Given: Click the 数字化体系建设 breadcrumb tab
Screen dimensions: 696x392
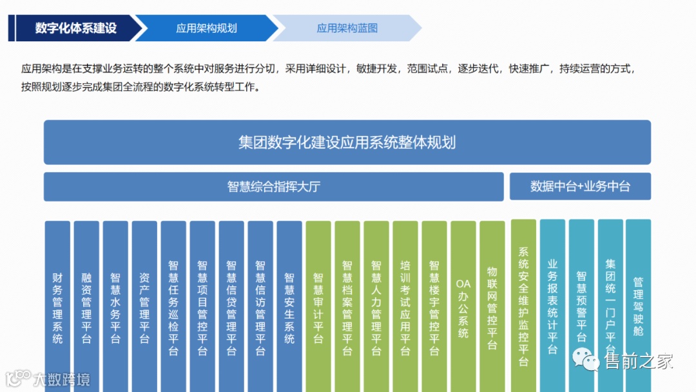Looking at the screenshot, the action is pyautogui.click(x=75, y=28).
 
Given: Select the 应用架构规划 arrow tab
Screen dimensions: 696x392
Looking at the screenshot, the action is pyautogui.click(x=206, y=28).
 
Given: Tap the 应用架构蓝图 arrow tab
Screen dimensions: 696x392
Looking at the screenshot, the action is pyautogui.click(x=347, y=28).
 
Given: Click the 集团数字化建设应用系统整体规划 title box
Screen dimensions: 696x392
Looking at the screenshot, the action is pyautogui.click(x=347, y=142).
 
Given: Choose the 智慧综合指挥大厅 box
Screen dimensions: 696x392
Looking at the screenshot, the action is pyautogui.click(x=274, y=187).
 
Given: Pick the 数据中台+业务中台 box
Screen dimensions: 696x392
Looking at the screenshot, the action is pyautogui.click(x=580, y=187).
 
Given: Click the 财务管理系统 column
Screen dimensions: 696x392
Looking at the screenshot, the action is pyautogui.click(x=57, y=306).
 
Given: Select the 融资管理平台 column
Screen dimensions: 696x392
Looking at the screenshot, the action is pyautogui.click(x=86, y=306).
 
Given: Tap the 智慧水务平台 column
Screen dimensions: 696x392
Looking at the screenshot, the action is pyautogui.click(x=115, y=306).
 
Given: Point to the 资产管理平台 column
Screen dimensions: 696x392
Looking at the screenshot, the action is pyautogui.click(x=144, y=306).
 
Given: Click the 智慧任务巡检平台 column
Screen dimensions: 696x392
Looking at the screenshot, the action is pyautogui.click(x=173, y=306).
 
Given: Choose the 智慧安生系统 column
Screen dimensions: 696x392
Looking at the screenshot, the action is pyautogui.click(x=289, y=306).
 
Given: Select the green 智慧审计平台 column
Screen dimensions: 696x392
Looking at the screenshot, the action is pyautogui.click(x=318, y=306).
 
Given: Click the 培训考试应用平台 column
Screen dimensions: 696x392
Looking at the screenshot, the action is pyautogui.click(x=405, y=306).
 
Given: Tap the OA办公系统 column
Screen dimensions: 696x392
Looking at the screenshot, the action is pyautogui.click(x=463, y=306).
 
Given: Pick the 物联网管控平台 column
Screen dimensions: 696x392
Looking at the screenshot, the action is pyautogui.click(x=492, y=306).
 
